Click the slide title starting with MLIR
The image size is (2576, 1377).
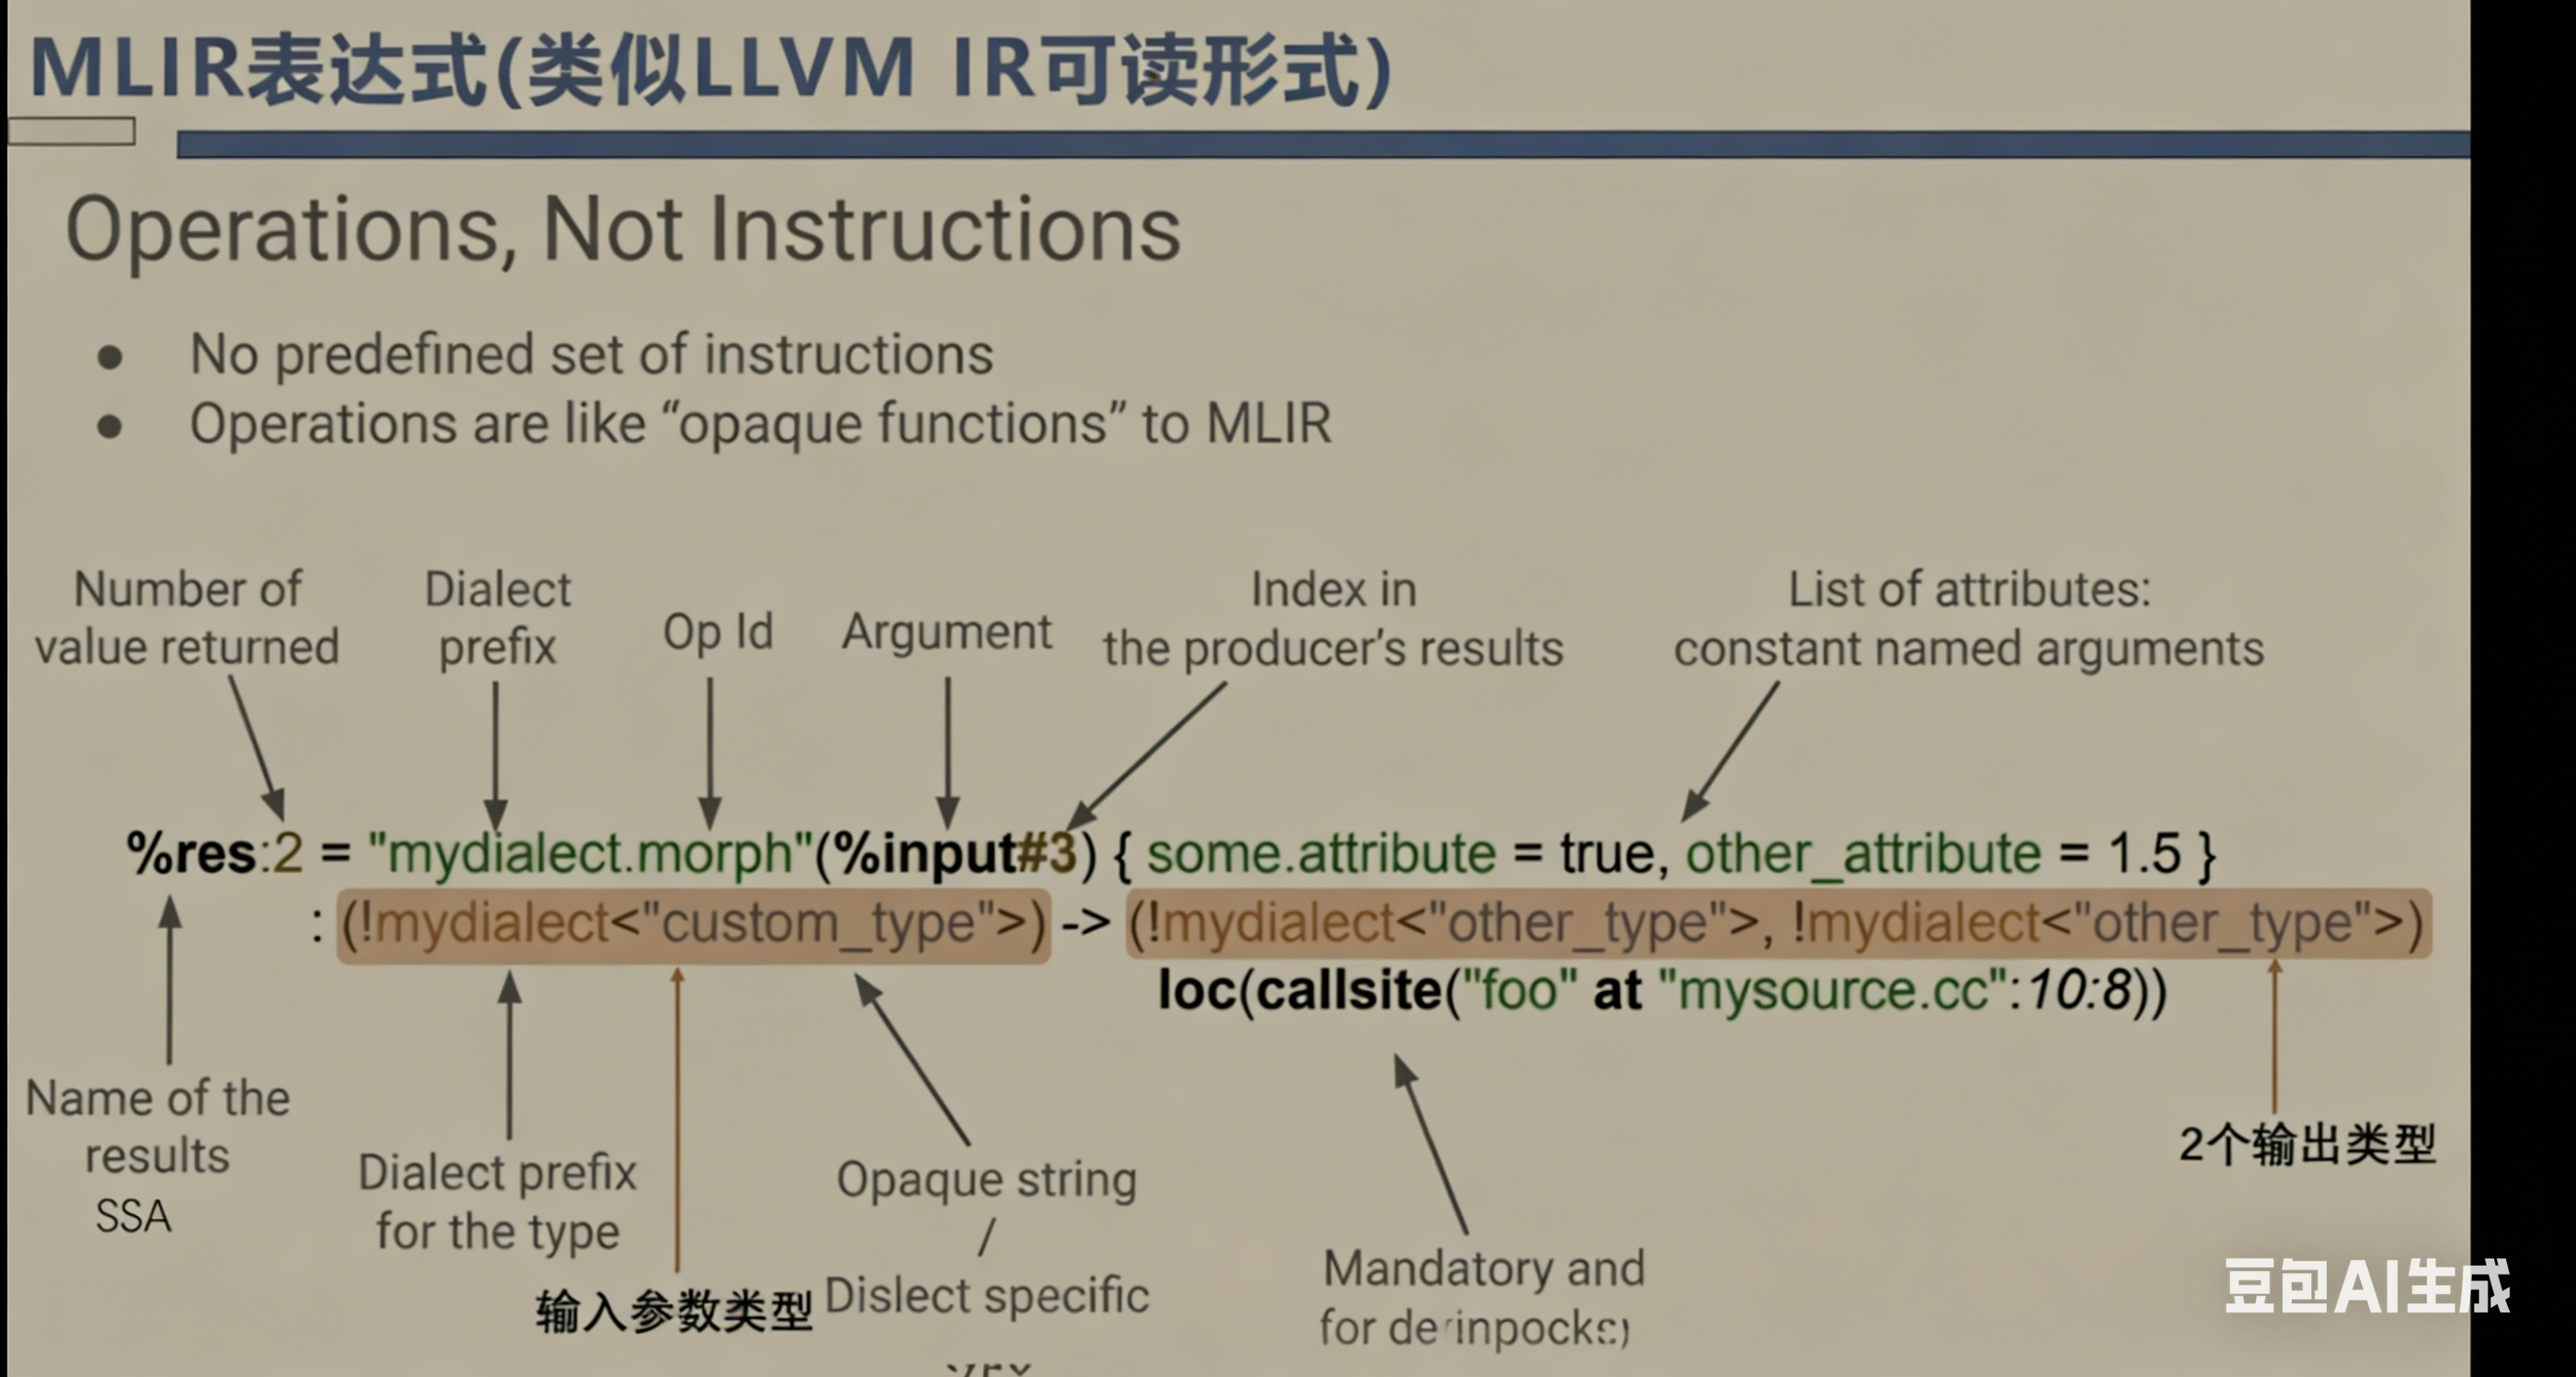click(710, 68)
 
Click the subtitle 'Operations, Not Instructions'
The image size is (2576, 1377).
click(622, 230)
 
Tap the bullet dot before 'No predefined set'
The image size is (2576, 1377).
click(110, 357)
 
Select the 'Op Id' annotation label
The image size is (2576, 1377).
click(717, 632)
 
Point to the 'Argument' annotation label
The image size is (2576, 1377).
click(946, 632)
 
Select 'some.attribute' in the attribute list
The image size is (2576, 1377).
click(1320, 854)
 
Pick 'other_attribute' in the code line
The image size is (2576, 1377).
click(1862, 854)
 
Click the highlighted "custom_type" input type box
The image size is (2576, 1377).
click(693, 924)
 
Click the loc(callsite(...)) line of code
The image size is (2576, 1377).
click(1661, 991)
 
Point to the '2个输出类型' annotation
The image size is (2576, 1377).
click(2306, 1144)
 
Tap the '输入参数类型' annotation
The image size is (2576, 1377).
click(673, 1311)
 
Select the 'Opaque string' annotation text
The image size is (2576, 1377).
click(986, 1180)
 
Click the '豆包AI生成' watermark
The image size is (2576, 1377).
click(2366, 1286)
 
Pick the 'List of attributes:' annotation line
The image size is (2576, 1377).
click(1968, 590)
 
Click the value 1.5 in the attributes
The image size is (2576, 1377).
click(2143, 854)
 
